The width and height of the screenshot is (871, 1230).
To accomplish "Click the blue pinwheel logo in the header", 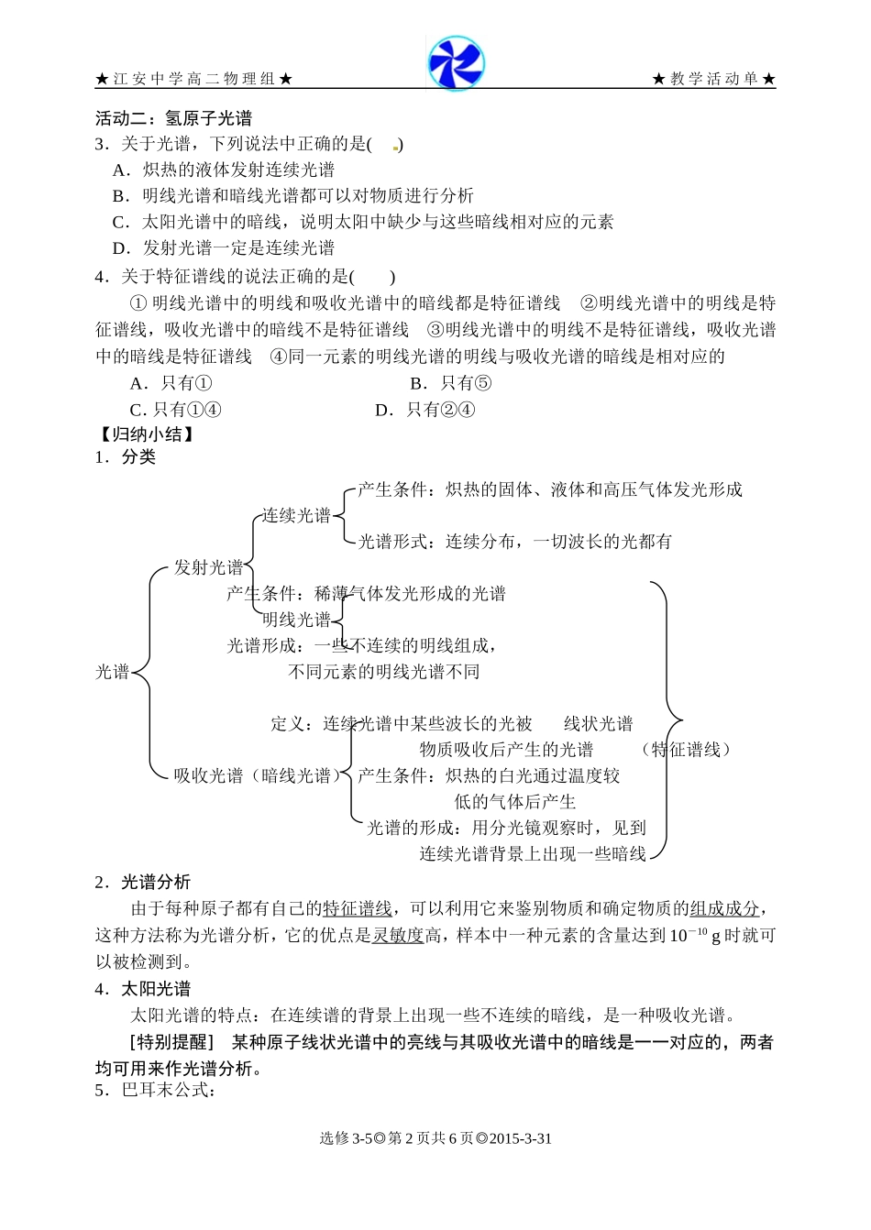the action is pos(456,63).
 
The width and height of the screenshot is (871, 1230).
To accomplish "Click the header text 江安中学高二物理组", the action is pos(193,80).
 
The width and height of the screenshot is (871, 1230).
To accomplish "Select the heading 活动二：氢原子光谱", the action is pos(173,118).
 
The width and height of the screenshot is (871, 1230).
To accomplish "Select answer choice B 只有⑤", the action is pos(450,384).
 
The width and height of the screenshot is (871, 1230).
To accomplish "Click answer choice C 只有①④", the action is pos(175,411).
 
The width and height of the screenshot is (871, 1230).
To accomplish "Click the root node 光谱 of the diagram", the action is pos(113,673).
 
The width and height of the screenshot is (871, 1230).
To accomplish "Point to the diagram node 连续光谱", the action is pos(296,516).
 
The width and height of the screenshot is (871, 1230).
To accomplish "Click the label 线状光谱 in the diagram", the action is pos(598,724).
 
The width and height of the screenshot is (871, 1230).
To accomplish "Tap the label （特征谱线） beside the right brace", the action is pos(685,751).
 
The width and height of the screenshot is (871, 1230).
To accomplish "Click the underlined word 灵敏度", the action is pos(398,936).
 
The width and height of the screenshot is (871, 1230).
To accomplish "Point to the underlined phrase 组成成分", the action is pos(724,909).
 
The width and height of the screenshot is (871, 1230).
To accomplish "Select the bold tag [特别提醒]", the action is pos(171,1042).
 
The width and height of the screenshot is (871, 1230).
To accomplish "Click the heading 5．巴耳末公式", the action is pos(156,1091).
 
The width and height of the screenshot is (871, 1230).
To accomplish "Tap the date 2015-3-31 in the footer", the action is pos(521,1139).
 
